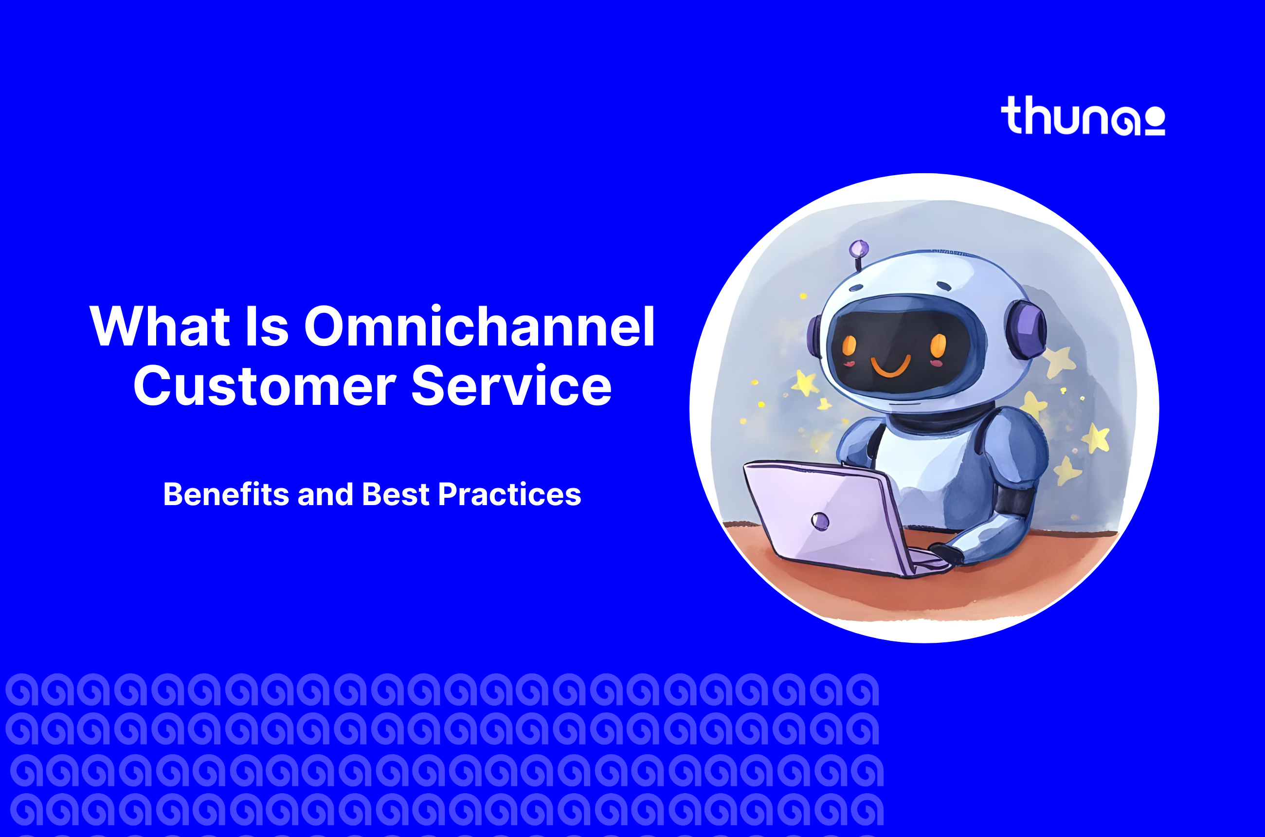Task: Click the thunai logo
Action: (1083, 115)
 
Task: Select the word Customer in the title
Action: (265, 385)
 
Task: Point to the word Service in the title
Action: (511, 385)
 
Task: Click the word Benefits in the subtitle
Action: (226, 494)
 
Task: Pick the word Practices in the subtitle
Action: (509, 494)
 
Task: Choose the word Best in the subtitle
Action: (396, 494)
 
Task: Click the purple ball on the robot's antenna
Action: (859, 248)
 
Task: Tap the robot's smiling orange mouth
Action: (891, 365)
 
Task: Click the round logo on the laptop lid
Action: (820, 521)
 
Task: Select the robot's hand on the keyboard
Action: (945, 553)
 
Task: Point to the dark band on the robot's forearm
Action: (1013, 500)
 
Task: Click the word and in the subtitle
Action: (325, 494)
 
